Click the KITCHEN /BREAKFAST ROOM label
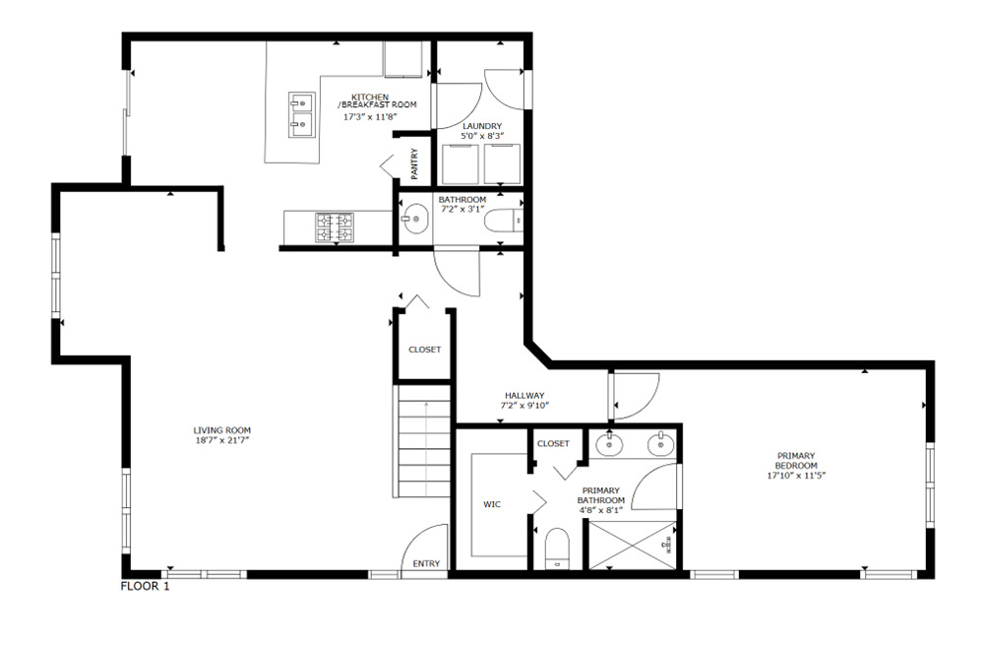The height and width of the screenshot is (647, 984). pyautogui.click(x=378, y=100)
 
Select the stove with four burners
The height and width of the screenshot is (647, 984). pyautogui.click(x=334, y=227)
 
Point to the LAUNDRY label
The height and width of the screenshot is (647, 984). pyautogui.click(x=482, y=126)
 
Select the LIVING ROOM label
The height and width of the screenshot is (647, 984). pyautogui.click(x=222, y=429)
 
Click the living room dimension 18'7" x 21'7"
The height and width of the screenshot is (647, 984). pyautogui.click(x=222, y=440)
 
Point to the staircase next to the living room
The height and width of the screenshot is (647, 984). pyautogui.click(x=423, y=443)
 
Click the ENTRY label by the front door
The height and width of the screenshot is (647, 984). pyautogui.click(x=427, y=564)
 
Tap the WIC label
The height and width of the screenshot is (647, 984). pyautogui.click(x=492, y=504)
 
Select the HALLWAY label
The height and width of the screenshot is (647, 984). pyautogui.click(x=524, y=395)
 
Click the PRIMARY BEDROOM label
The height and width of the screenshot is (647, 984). pyautogui.click(x=795, y=460)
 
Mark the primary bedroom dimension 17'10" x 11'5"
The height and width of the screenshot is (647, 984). pyautogui.click(x=795, y=476)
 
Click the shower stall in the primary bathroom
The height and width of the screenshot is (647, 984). pyautogui.click(x=630, y=545)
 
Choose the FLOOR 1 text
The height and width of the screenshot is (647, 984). pyautogui.click(x=146, y=587)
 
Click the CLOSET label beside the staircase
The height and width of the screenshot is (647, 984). pyautogui.click(x=424, y=350)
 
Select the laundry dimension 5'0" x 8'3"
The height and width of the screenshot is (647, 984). pyautogui.click(x=482, y=137)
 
